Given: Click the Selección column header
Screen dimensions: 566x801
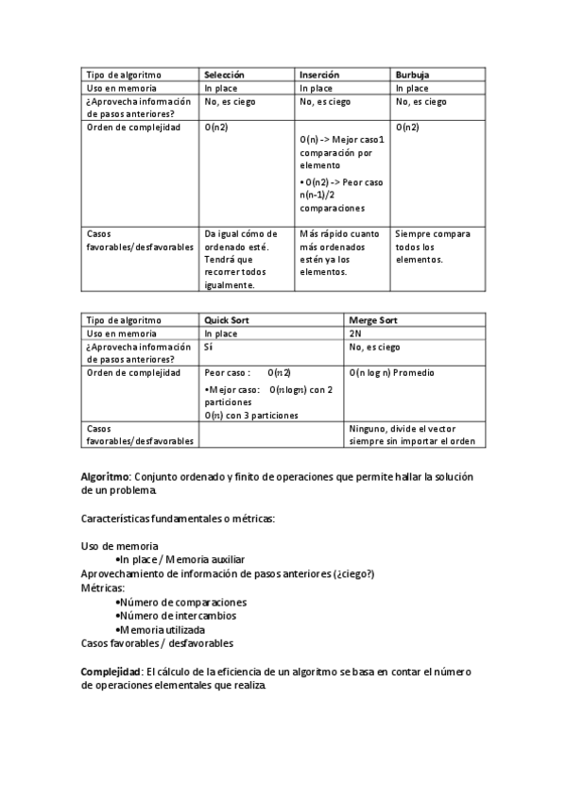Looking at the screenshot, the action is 225,75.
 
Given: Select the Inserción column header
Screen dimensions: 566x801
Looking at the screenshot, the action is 319,75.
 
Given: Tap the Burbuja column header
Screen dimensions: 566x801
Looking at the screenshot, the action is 412,75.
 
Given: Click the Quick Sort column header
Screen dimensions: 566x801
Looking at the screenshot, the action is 227,320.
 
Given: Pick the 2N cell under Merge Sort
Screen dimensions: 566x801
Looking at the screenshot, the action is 355,333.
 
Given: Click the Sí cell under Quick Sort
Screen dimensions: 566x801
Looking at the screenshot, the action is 209,347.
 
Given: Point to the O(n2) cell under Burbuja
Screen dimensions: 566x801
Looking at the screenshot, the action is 407,127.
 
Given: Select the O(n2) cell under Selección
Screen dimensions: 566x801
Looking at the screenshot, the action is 216,127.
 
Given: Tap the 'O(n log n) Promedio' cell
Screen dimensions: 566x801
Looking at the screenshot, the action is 391,373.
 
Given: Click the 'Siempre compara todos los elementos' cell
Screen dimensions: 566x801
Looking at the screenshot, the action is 433,247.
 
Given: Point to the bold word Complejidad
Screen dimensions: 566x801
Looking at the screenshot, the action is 111,671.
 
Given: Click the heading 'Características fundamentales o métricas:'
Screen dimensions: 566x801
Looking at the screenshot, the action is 178,519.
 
